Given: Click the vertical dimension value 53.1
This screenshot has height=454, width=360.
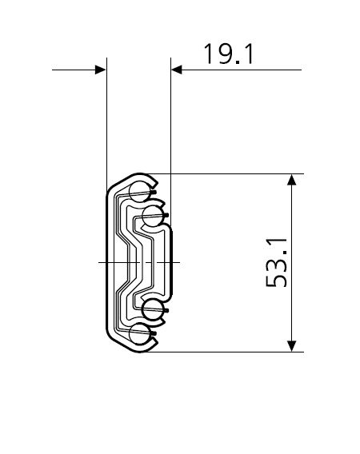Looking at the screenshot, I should (x=276, y=263).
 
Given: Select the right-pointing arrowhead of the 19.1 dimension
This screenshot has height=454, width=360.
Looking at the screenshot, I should (x=100, y=70).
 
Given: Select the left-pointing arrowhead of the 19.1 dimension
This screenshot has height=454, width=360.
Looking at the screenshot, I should (x=178, y=70).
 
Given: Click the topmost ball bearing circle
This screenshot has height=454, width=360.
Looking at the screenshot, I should (x=139, y=190).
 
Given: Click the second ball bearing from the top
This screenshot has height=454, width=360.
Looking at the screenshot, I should (x=154, y=213).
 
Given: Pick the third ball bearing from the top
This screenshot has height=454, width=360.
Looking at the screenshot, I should (x=154, y=312).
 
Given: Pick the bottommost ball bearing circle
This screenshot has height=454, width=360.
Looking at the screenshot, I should (x=139, y=336).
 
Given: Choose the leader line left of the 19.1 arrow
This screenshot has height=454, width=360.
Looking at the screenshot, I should (x=72, y=70).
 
